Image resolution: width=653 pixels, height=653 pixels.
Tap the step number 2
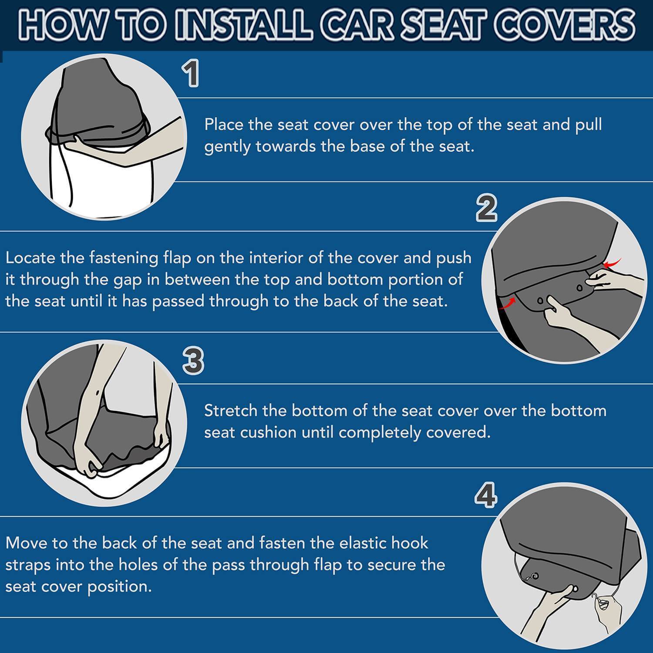click(487, 208)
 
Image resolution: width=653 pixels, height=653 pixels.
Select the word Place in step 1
click(224, 125)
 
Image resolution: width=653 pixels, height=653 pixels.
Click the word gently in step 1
click(227, 147)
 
